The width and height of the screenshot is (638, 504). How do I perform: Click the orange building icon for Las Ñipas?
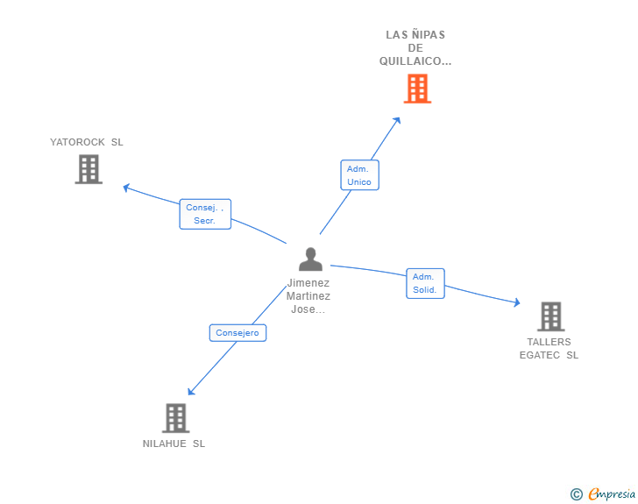(417, 89)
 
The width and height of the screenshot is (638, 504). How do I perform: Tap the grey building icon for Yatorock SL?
(89, 169)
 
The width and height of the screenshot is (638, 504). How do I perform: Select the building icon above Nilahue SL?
(175, 418)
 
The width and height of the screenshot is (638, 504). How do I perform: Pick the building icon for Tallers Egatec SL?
(550, 316)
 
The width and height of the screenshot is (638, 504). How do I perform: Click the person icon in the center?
(310, 259)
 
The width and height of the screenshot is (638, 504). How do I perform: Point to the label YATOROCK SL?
(87, 142)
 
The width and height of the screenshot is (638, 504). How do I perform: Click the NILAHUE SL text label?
(174, 444)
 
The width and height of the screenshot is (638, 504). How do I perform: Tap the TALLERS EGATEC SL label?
(549, 349)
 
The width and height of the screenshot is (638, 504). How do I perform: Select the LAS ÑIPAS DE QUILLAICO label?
(415, 48)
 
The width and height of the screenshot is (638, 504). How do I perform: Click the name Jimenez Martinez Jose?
(308, 296)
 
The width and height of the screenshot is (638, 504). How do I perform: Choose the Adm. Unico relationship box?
(359, 175)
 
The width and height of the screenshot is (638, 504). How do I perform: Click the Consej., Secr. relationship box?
(205, 214)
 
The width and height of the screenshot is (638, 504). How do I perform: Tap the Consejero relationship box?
(237, 333)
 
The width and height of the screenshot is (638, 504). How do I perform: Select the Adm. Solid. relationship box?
(425, 283)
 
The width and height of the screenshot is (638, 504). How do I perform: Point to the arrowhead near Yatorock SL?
(126, 187)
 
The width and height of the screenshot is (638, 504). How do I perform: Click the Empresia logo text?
(612, 494)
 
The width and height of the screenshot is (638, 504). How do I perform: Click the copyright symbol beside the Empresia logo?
(577, 494)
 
